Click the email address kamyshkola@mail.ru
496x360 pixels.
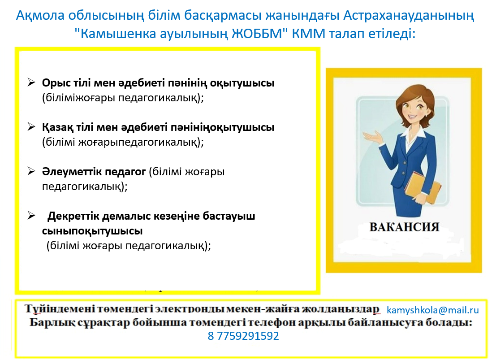[x=433, y=310]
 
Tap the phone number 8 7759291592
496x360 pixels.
[x=243, y=336]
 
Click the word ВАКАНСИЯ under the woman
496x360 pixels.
[x=405, y=227]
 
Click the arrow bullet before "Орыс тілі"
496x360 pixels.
[x=31, y=82]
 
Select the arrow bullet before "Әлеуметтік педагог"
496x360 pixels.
[x=31, y=171]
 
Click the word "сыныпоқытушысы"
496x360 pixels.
[x=92, y=231]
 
